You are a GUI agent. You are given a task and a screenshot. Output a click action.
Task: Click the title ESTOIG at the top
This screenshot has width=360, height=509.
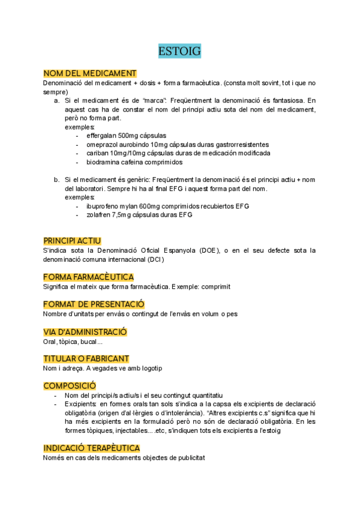coord(179,51)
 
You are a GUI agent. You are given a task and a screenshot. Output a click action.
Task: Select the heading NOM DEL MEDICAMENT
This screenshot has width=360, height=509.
coord(90,73)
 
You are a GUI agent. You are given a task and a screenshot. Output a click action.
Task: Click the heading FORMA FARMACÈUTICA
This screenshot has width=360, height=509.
coord(88,277)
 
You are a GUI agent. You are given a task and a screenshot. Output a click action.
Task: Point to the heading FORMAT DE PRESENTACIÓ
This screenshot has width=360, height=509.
coord(94,304)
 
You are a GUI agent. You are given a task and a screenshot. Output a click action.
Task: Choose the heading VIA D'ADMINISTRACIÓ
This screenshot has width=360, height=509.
coord(85,332)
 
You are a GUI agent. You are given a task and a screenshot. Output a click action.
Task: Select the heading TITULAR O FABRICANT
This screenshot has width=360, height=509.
coord(86,359)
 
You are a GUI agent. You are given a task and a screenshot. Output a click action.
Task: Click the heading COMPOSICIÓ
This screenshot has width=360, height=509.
coord(70,385)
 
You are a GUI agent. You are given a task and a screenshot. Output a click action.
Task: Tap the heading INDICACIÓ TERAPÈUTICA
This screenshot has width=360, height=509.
coord(92,448)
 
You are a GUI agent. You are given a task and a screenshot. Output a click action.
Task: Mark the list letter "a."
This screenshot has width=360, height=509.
coord(56,101)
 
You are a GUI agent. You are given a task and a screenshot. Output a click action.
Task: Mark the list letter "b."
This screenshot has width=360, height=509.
coord(56,179)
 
